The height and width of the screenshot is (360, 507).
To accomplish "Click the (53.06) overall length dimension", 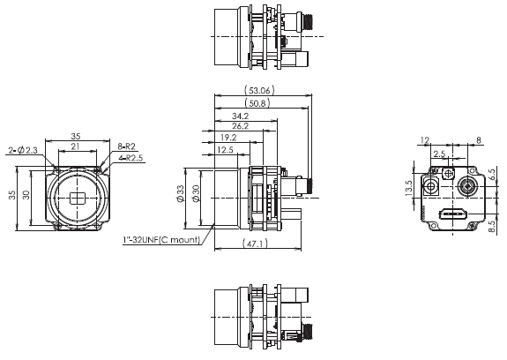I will pyautogui.click(x=262, y=89).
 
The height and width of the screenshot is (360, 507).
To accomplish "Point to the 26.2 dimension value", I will pyautogui.click(x=238, y=126).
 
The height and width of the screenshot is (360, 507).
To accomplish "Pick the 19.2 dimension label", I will pyautogui.click(x=227, y=138).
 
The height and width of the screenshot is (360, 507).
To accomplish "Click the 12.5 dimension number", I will pyautogui.click(x=225, y=150).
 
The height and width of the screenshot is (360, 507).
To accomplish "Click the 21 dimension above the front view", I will pyautogui.click(x=76, y=146).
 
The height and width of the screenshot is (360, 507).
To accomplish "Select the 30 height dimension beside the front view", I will pyautogui.click(x=28, y=196).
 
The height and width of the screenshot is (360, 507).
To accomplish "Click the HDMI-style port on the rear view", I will pyautogui.click(x=453, y=214).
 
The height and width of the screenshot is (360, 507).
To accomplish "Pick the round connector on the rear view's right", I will pyautogui.click(x=467, y=186).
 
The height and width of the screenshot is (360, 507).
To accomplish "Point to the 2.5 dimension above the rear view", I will pyautogui.click(x=438, y=154).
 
